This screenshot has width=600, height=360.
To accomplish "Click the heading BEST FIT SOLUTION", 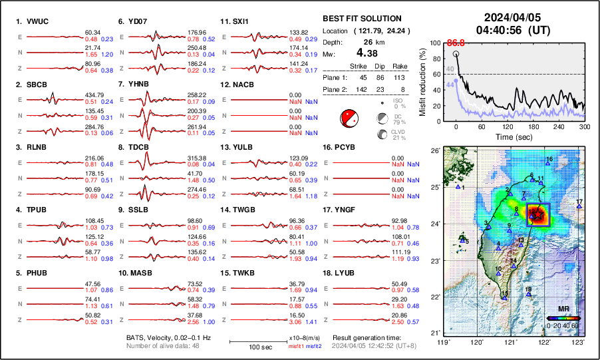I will (361, 19).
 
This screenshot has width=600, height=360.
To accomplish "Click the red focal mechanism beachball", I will (349, 118).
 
